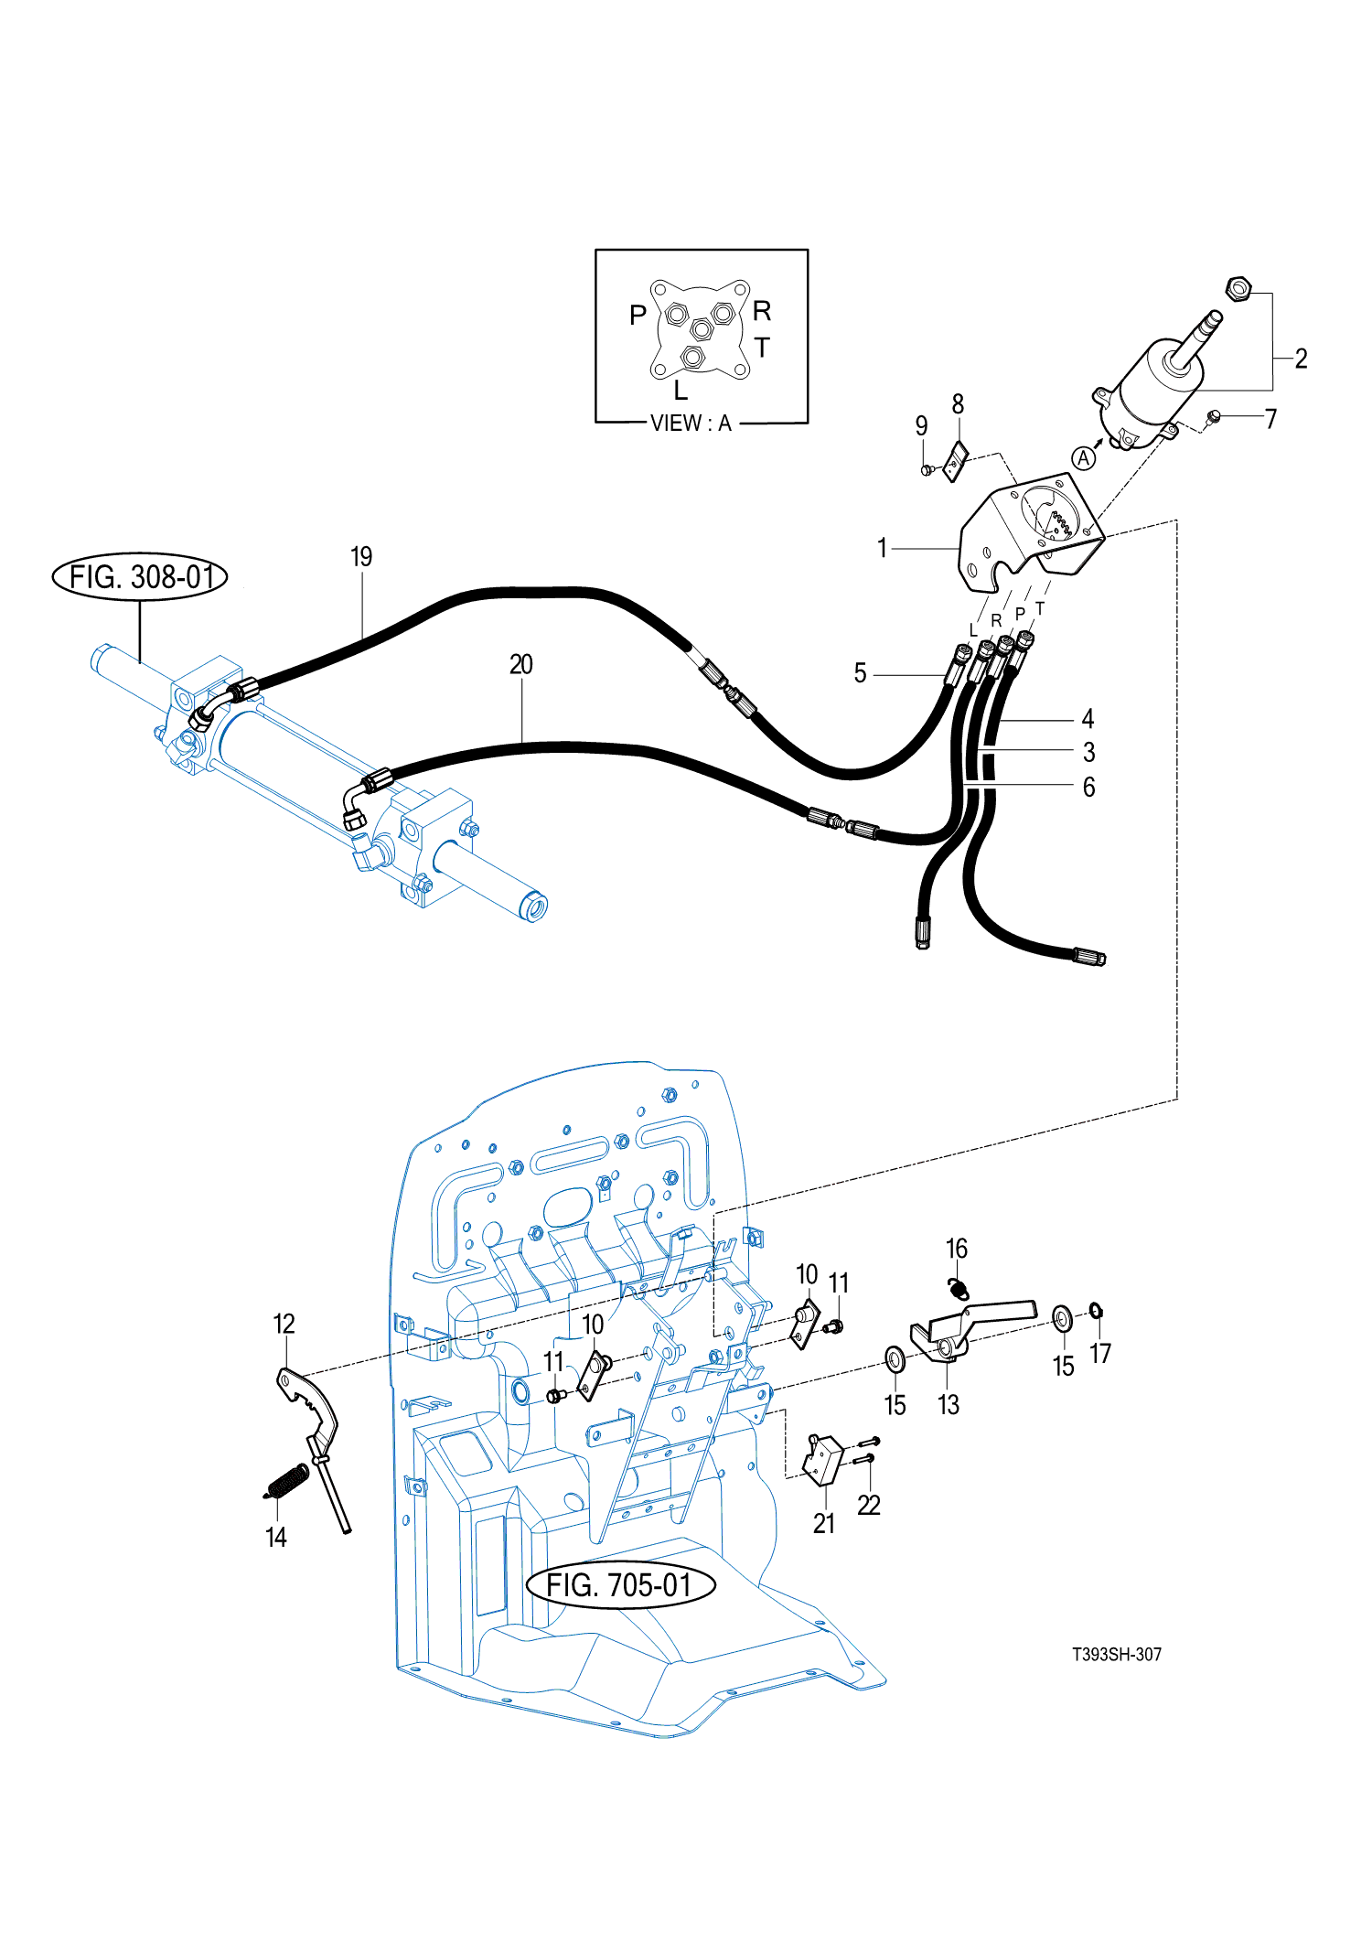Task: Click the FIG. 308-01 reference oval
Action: click(140, 577)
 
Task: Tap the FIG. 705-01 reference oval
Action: click(620, 1584)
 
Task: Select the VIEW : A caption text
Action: click(691, 424)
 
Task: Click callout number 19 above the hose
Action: click(361, 557)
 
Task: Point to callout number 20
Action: click(521, 665)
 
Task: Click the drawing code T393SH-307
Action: click(1117, 1654)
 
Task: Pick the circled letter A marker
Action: click(1084, 458)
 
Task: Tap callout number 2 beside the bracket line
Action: click(1301, 359)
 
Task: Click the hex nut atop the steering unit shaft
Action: click(1238, 289)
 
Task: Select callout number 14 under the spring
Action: click(276, 1537)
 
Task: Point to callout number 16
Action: click(956, 1249)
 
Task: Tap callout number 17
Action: click(1100, 1353)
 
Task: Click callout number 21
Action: click(824, 1523)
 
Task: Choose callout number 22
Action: click(869, 1505)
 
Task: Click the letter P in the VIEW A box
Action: click(638, 316)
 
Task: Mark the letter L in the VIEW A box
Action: click(681, 392)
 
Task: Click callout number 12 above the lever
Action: click(284, 1324)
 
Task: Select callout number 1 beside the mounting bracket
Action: click(882, 548)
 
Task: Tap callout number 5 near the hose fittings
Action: click(860, 674)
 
